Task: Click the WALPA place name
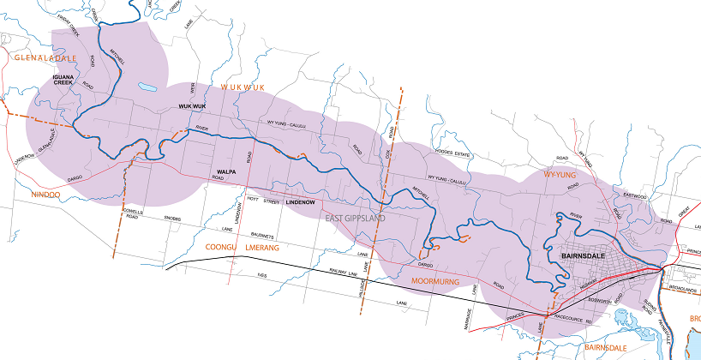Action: [226, 171]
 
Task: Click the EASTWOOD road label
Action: [635, 195]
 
